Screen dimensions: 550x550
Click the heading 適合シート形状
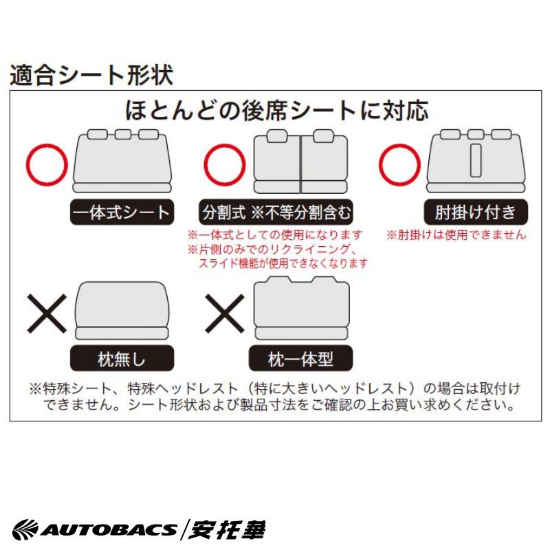tap(91, 75)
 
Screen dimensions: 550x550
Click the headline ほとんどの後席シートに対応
tap(277, 110)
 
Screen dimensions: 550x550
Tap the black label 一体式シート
tap(122, 212)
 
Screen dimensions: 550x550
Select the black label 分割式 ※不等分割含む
tap(276, 212)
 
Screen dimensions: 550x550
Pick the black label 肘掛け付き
tap(476, 212)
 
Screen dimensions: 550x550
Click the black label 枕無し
tap(122, 358)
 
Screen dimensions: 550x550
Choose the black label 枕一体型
tap(300, 358)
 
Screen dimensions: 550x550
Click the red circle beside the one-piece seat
tap(47, 144)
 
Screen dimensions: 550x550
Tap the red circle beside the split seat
tap(225, 144)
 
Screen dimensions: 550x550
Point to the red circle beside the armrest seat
tap(399, 144)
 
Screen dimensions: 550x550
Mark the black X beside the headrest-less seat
tap(47, 313)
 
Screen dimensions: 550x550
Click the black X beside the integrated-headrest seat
tap(225, 313)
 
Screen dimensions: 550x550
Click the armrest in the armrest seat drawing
tap(476, 160)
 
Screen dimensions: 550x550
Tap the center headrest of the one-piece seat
tap(123, 134)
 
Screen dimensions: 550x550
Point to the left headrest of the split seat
tap(277, 136)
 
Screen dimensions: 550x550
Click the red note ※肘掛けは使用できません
tap(456, 234)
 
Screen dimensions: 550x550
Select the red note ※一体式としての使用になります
tap(274, 234)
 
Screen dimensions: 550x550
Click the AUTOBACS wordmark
tap(94, 529)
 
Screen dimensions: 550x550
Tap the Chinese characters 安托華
tap(227, 529)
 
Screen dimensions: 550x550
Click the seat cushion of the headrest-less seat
tap(122, 333)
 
